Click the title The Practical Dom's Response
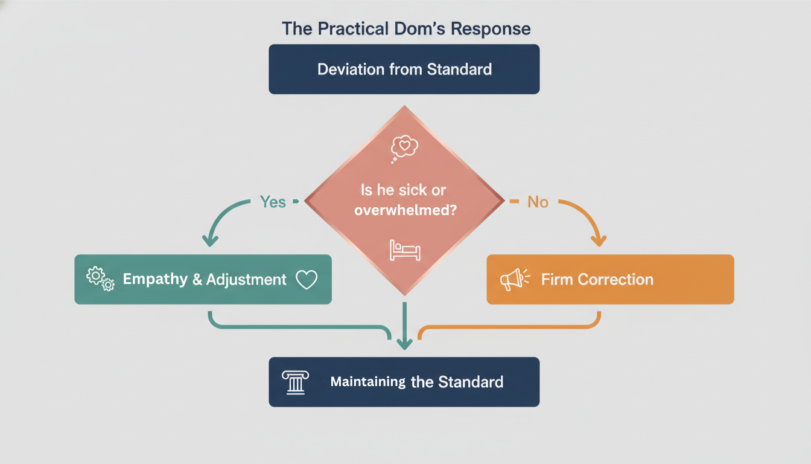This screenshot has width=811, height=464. point(405,29)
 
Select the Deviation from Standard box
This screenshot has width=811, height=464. point(404,69)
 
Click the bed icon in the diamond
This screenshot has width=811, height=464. point(404,250)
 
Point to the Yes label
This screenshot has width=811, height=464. point(273,202)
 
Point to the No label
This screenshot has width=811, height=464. point(538,202)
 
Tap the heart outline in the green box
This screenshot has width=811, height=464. point(307,280)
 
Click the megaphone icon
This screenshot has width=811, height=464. point(514,279)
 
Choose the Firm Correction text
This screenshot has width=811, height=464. point(597,280)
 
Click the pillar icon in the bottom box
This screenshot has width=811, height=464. point(295,382)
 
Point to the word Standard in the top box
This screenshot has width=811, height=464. point(460,69)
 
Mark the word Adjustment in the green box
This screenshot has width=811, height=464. point(246,280)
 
